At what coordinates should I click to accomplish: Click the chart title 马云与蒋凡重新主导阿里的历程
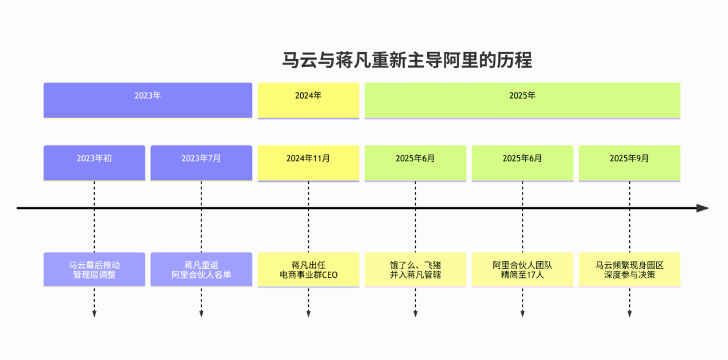click(407, 60)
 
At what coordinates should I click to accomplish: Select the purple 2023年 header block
click(148, 100)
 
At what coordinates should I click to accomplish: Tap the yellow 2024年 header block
click(308, 100)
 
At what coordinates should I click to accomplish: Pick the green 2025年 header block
click(522, 100)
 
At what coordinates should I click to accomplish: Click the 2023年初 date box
click(94, 162)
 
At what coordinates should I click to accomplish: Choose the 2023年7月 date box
click(201, 162)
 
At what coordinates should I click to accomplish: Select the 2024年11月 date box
click(308, 162)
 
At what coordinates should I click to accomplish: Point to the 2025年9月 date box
click(629, 162)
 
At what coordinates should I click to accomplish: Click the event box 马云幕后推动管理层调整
click(94, 269)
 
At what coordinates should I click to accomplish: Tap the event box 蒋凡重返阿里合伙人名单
click(201, 269)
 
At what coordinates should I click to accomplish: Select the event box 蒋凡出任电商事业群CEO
click(308, 269)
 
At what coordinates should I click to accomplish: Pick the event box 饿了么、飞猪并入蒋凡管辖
click(415, 269)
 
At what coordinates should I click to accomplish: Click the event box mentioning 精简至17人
click(522, 269)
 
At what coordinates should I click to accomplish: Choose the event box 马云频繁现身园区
click(629, 269)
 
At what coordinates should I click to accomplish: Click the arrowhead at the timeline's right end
click(703, 208)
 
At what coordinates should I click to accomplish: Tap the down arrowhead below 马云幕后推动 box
click(94, 313)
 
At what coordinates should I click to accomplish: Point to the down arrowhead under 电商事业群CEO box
click(308, 313)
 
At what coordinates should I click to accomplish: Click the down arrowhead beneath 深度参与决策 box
click(629, 313)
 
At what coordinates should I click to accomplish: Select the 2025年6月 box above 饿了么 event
click(415, 162)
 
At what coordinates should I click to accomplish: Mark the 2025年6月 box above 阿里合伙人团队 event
click(522, 162)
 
